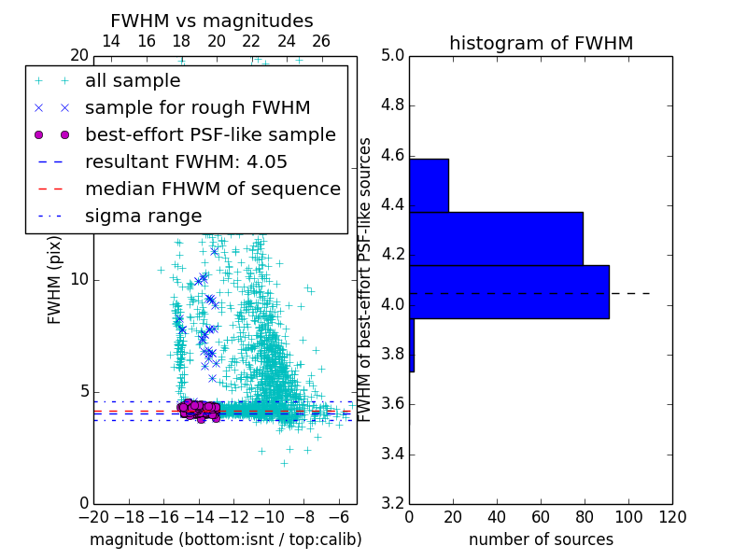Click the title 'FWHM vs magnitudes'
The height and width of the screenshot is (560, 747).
[211, 21]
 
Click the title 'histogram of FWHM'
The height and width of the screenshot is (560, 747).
[541, 44]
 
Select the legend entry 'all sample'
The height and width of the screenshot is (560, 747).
[133, 81]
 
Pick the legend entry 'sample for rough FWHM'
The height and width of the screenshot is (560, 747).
[197, 108]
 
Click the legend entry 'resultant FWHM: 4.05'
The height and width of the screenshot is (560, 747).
[186, 162]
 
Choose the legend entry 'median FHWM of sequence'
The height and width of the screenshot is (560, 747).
[212, 189]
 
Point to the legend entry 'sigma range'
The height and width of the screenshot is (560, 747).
[143, 217]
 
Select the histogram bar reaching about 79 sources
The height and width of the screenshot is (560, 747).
[496, 238]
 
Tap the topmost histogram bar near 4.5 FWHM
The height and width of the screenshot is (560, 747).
[429, 185]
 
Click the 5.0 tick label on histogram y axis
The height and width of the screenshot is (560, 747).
[392, 56]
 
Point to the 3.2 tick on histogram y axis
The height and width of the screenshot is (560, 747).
[392, 504]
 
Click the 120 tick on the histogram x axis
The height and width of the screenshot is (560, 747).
[672, 516]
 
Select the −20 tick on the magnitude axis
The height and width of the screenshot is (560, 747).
[93, 516]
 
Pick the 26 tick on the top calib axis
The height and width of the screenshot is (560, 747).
[321, 41]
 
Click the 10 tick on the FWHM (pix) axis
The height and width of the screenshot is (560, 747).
[79, 280]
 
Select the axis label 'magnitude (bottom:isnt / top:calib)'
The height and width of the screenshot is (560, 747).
[225, 539]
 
